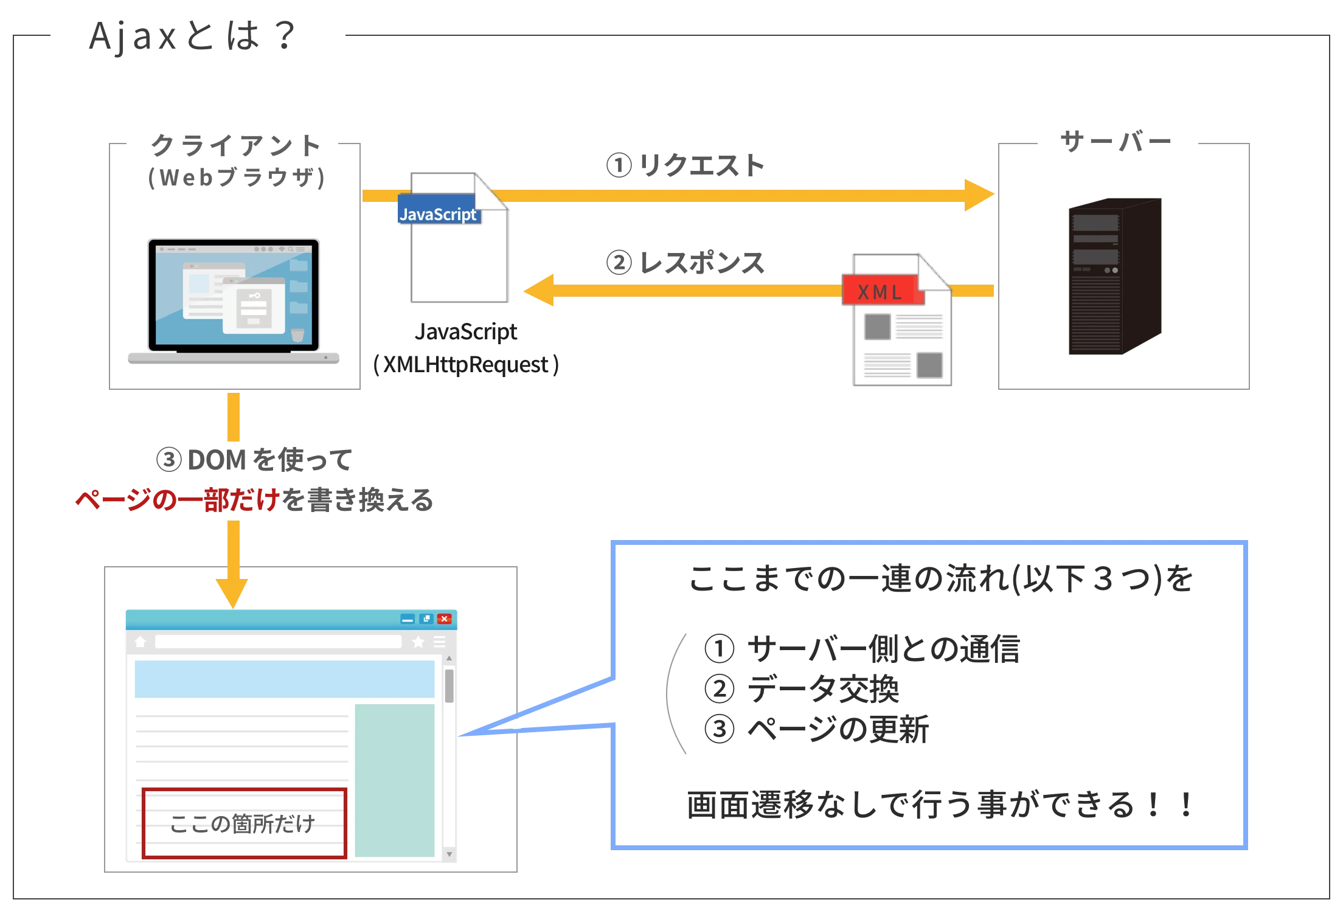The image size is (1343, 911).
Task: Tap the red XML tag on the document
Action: click(880, 291)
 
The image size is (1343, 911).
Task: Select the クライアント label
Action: click(234, 147)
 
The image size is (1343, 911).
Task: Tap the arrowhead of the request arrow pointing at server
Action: click(980, 196)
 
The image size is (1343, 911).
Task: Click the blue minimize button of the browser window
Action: click(408, 619)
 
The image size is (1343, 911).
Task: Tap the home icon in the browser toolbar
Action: click(141, 642)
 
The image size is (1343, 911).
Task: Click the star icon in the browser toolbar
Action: click(418, 642)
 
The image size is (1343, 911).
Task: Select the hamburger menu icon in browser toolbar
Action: click(439, 642)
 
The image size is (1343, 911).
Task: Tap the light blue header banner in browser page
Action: click(284, 679)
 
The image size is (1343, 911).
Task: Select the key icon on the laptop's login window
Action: click(254, 296)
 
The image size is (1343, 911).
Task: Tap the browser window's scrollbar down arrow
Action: click(449, 854)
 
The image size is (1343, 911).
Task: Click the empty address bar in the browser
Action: click(278, 642)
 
